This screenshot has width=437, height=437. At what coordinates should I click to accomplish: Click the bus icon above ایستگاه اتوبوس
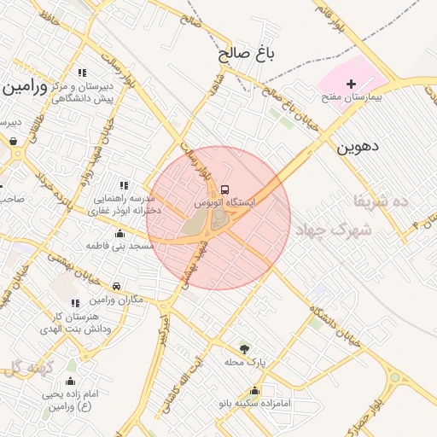(224, 189)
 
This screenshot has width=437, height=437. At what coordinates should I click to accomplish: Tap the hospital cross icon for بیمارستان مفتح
(352, 84)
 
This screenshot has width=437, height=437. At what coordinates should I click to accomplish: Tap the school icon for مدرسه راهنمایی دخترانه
(124, 184)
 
